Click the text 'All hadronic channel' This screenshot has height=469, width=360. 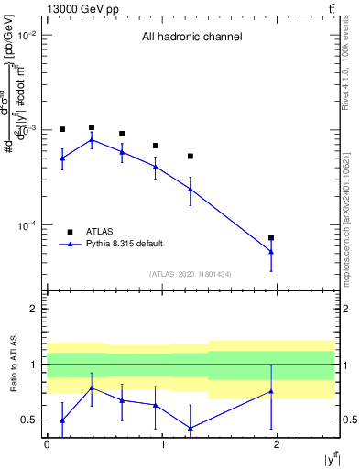pos(191,38)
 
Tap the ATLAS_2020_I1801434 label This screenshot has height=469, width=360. pos(191,274)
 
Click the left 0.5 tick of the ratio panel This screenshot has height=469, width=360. pos(31,420)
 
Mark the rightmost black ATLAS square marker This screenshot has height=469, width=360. pos(271,237)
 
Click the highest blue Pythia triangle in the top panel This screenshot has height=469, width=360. pos(92,140)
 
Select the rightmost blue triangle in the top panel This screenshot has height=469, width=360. pos(271,252)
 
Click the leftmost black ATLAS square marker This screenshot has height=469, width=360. pos(62,129)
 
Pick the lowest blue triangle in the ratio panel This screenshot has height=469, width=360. pos(191,428)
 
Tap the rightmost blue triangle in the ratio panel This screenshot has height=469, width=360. pos(271,391)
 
